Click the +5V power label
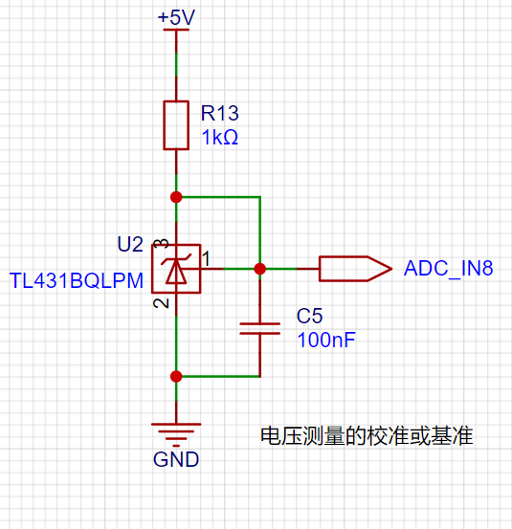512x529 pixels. tap(176, 17)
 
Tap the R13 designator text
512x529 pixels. tap(220, 113)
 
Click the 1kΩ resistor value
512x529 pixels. tap(220, 138)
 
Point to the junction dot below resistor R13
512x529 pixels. tap(176, 197)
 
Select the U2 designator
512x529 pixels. tap(130, 244)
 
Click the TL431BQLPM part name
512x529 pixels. tap(77, 280)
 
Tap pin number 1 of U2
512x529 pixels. tap(206, 259)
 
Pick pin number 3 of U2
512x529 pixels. tap(161, 244)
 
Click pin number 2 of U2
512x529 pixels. tap(161, 303)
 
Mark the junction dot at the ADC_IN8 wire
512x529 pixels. tap(260, 269)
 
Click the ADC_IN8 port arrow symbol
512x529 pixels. tap(355, 269)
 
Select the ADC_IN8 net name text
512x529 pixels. tap(449, 269)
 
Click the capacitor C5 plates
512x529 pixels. tap(260, 329)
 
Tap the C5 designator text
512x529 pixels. tap(309, 316)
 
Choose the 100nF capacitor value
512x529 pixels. tap(326, 340)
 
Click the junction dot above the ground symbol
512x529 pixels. tap(176, 377)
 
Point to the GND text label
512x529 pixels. tap(176, 459)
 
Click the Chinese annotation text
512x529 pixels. tap(367, 436)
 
